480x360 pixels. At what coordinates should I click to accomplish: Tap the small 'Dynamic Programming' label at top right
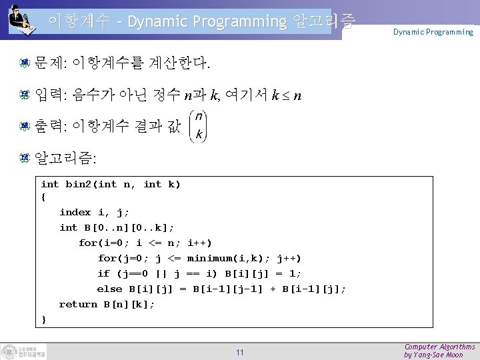[433, 31]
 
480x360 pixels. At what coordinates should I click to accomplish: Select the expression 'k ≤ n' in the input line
[287, 96]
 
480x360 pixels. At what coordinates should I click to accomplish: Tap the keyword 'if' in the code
[103, 273]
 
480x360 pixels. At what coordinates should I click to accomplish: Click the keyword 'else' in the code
[109, 289]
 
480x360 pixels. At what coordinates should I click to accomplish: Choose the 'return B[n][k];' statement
[107, 304]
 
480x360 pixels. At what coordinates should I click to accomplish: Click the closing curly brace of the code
[44, 319]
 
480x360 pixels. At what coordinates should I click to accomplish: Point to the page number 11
[239, 352]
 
